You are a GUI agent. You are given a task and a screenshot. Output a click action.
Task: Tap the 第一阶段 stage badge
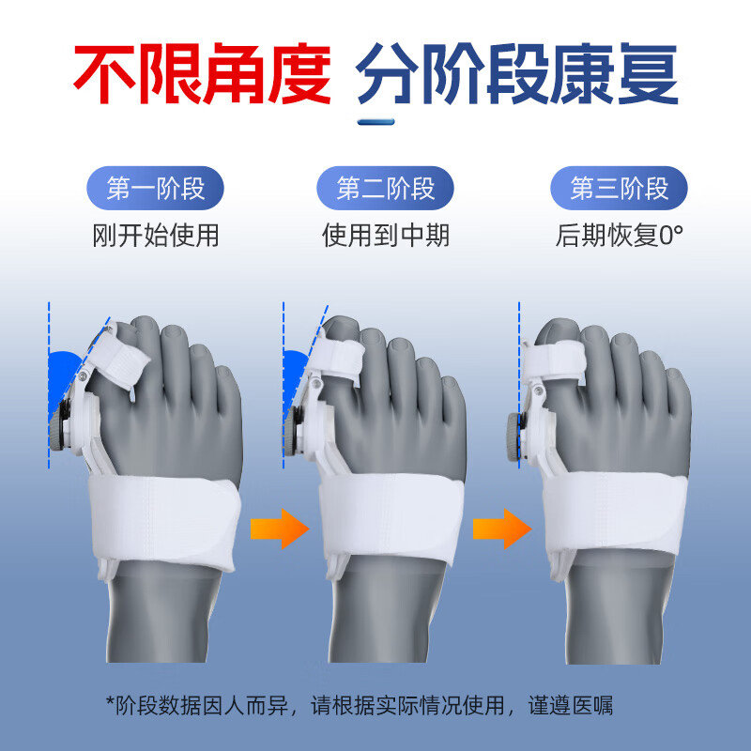coord(156,189)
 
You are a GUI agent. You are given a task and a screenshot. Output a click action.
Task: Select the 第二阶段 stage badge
coord(386,189)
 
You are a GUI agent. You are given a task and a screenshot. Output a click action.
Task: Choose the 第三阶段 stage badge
coord(620,189)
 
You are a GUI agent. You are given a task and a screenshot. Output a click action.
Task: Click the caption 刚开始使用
coord(156,234)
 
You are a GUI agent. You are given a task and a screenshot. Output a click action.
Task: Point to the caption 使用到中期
coord(386,234)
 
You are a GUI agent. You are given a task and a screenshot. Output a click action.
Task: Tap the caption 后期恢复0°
coord(620,234)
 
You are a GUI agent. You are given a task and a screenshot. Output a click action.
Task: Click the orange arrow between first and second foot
coord(280,528)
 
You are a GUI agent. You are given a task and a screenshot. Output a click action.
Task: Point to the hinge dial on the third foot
coord(514,434)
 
